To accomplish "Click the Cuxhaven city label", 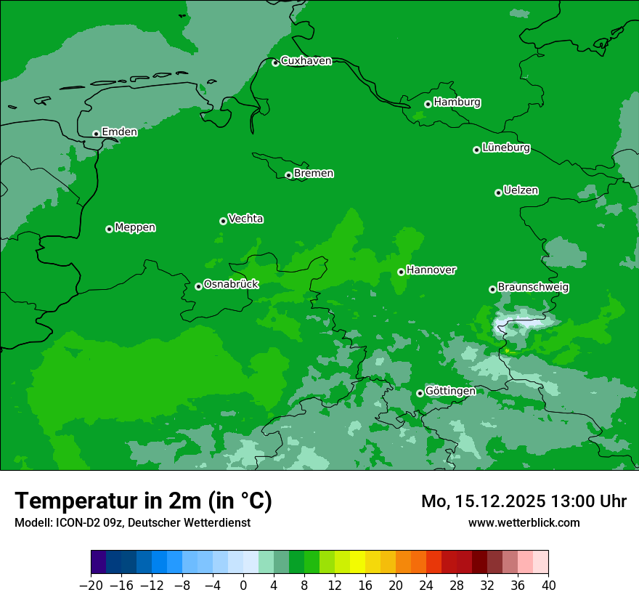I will pyautogui.click(x=306, y=61).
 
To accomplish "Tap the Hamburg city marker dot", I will pyautogui.click(x=428, y=104).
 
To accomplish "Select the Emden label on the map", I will pyautogui.click(x=119, y=132).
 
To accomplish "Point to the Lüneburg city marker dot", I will pyautogui.click(x=476, y=150).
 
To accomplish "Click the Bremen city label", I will pyautogui.click(x=314, y=174).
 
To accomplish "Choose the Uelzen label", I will pyautogui.click(x=521, y=191).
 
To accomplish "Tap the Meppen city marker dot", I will pyautogui.click(x=109, y=229).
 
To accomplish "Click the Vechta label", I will pyautogui.click(x=245, y=219).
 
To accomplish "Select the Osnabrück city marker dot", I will pyautogui.click(x=198, y=286).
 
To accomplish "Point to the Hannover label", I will pyautogui.click(x=431, y=270).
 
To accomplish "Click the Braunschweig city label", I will pyautogui.click(x=533, y=288).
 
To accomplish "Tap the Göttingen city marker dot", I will pyautogui.click(x=420, y=393).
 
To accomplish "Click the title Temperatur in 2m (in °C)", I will pyautogui.click(x=143, y=501).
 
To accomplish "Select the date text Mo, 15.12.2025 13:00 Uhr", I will pyautogui.click(x=524, y=501).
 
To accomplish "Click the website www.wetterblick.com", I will pyautogui.click(x=524, y=522).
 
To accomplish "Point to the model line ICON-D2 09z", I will pyautogui.click(x=132, y=522).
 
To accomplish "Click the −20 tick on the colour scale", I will pyautogui.click(x=91, y=586).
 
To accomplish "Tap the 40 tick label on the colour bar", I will pyautogui.click(x=548, y=586).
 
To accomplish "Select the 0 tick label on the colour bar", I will pyautogui.click(x=243, y=586).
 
